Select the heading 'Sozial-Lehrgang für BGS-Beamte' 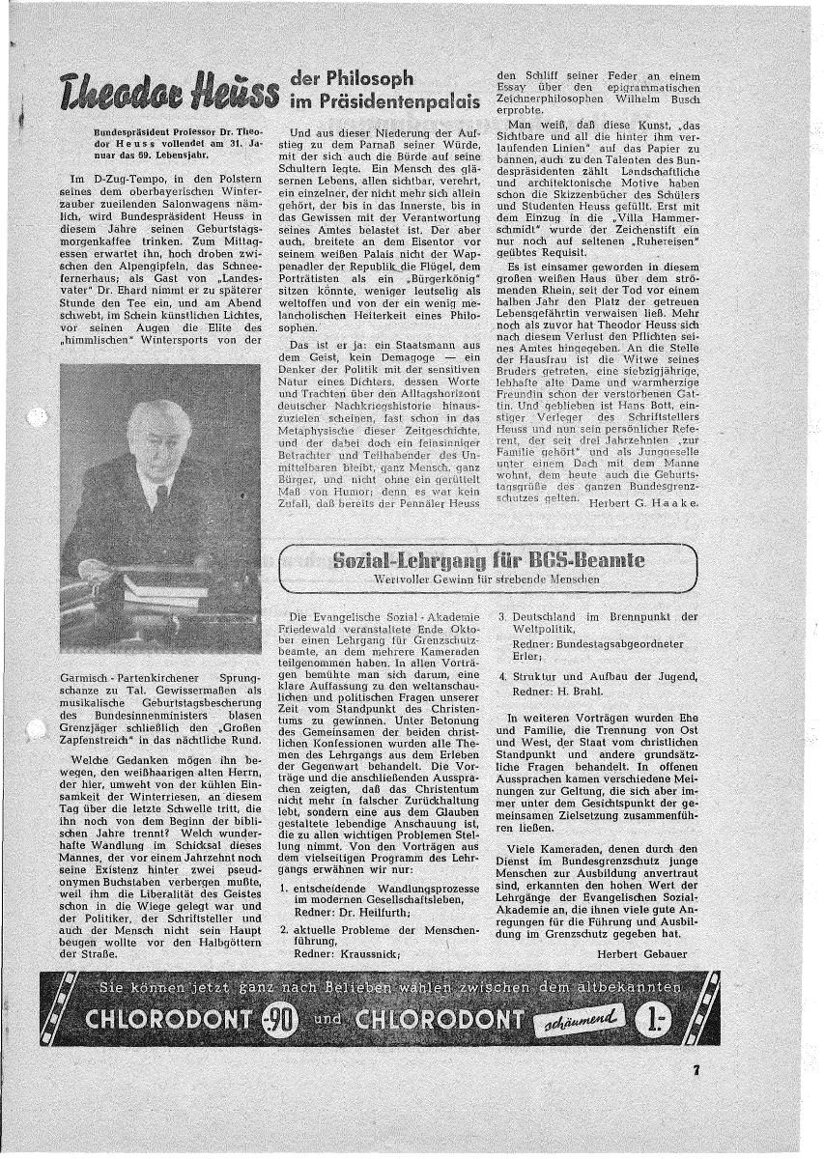pyautogui.click(x=488, y=560)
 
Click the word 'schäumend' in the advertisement pyautogui.click(x=586, y=1019)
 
